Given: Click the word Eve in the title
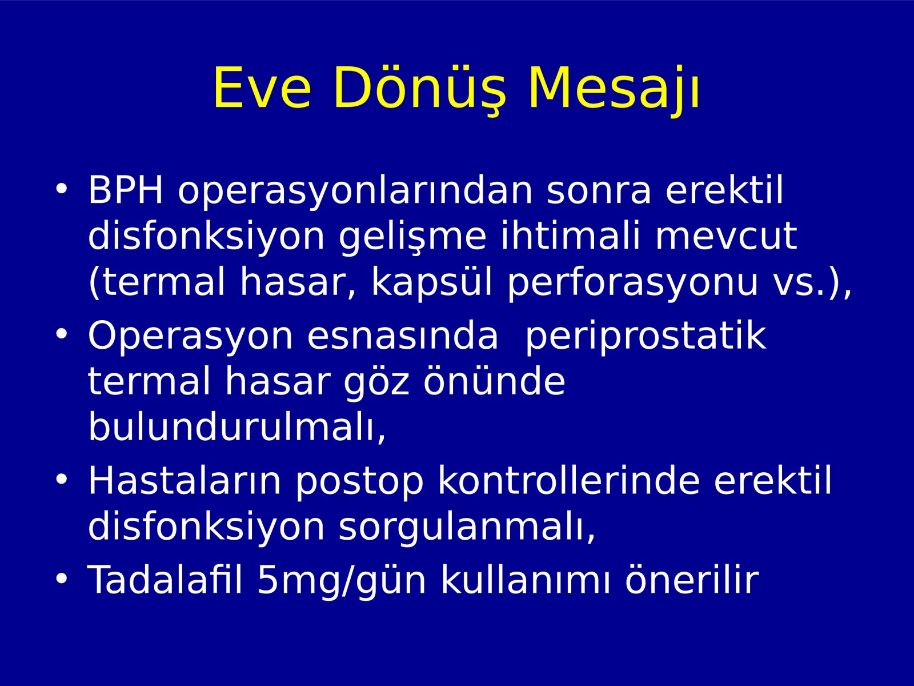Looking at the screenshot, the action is pyautogui.click(x=262, y=88).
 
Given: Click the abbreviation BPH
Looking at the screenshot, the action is pyautogui.click(x=125, y=190).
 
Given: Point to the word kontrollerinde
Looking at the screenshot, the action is pyautogui.click(x=569, y=480).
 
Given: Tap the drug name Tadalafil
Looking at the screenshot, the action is pyautogui.click(x=165, y=579).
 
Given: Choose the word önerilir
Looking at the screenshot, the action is pyautogui.click(x=692, y=579).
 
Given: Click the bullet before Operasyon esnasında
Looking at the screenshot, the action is pyautogui.click(x=61, y=334).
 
